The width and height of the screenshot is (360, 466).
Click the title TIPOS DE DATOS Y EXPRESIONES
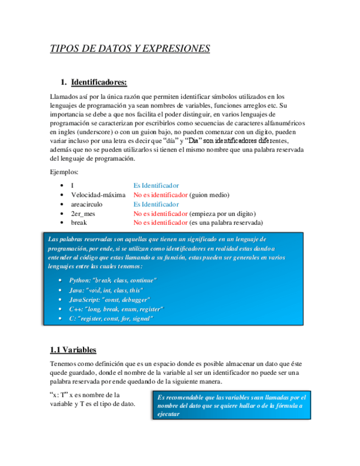(x=130, y=48)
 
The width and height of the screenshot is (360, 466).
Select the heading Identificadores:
(x=99, y=82)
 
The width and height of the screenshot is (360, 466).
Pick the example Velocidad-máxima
(x=98, y=195)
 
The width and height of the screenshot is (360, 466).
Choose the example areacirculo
(x=87, y=204)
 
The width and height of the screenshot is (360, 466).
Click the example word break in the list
(x=79, y=223)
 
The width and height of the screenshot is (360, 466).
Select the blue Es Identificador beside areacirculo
(x=156, y=204)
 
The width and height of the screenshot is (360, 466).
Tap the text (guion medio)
(x=209, y=195)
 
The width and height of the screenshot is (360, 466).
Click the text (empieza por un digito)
(x=223, y=214)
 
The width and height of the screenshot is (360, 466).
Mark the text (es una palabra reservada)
(x=226, y=223)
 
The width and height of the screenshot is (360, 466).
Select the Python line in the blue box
(x=113, y=280)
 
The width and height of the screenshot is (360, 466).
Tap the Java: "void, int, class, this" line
(x=106, y=290)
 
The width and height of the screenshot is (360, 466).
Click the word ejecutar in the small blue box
(x=168, y=414)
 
